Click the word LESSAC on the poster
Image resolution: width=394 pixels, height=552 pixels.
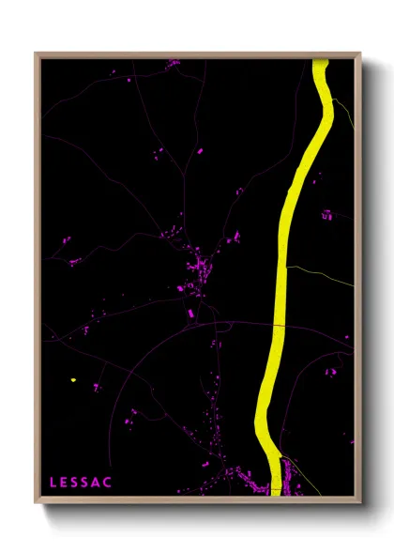pyautogui.click(x=81, y=483)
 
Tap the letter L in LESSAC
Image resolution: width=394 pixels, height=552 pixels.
pyautogui.click(x=53, y=483)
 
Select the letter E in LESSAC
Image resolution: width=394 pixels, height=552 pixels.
pyautogui.click(x=65, y=483)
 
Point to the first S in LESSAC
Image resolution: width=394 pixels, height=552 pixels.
pyautogui.click(x=76, y=483)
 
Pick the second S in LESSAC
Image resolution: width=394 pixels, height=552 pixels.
pyautogui.click(x=86, y=483)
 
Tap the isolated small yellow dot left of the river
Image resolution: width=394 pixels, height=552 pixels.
pyautogui.click(x=72, y=380)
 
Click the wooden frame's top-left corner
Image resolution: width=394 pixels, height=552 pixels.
pyautogui.click(x=37, y=54)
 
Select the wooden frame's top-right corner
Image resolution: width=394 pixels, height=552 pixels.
pyautogui.click(x=360, y=54)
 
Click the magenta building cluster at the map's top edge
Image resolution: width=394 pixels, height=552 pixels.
pyautogui.click(x=174, y=63)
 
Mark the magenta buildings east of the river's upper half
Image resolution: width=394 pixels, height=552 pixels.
pyautogui.click(x=326, y=215)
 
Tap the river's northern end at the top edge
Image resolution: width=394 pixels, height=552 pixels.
pyautogui.click(x=320, y=64)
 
